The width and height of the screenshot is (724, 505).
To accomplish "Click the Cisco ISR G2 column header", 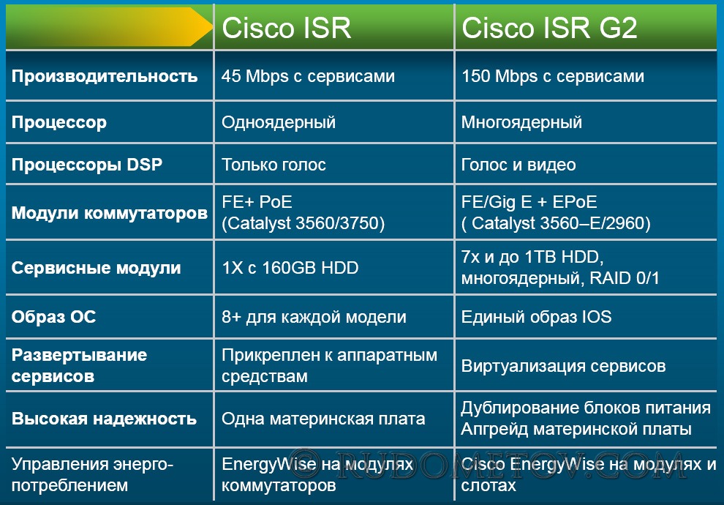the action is click(x=549, y=28).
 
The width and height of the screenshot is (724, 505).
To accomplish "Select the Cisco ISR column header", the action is click(x=286, y=28).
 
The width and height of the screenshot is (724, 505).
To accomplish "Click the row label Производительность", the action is click(x=105, y=76).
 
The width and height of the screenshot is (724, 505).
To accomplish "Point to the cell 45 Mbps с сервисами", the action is click(x=308, y=76).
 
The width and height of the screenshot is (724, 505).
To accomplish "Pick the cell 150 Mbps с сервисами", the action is click(x=553, y=76).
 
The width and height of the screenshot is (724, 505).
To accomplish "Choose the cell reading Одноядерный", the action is click(x=279, y=122).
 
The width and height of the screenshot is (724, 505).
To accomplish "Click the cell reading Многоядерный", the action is click(x=521, y=122).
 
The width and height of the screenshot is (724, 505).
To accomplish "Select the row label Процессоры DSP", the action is click(x=87, y=165).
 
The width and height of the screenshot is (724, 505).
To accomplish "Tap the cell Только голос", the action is click(x=274, y=165).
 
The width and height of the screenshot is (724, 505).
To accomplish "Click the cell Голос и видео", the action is click(x=519, y=165).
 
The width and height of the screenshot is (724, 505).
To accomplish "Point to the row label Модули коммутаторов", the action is click(x=110, y=213).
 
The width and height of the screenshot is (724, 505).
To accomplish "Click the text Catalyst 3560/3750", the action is click(x=303, y=223).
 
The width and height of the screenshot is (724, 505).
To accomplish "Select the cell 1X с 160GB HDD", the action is click(x=290, y=268).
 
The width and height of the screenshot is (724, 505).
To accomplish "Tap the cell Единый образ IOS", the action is click(x=537, y=317).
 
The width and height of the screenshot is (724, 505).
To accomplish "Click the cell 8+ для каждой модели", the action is click(x=314, y=318).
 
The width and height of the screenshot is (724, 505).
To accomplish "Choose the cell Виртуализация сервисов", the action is click(x=563, y=367).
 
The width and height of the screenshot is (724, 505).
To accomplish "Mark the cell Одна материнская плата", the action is click(x=323, y=419).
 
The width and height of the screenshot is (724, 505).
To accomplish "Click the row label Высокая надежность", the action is click(x=104, y=419).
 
